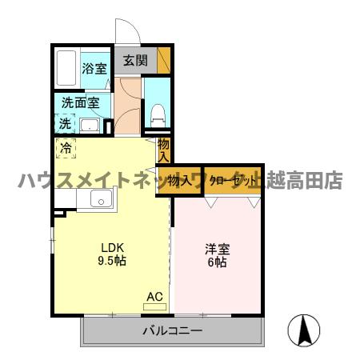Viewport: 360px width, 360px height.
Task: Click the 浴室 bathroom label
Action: pos(94,68)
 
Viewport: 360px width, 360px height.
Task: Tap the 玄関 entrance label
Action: pos(135,60)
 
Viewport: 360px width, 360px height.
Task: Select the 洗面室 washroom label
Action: pos(81,103)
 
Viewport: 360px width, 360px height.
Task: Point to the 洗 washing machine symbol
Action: pos(64,124)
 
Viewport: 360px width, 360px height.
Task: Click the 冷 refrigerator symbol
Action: pos(66,147)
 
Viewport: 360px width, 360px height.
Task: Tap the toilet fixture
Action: pos(158,113)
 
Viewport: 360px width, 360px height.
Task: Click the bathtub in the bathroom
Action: pos(67,70)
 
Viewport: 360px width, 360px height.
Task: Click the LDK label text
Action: pos(111,246)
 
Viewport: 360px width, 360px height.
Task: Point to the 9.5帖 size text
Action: pos(111,261)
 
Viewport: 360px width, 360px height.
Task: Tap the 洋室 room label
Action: pos(215,247)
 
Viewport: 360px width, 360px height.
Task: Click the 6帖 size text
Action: pos(215,262)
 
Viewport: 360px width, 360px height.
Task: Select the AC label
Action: pos(154,297)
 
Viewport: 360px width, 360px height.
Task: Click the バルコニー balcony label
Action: pos(172,330)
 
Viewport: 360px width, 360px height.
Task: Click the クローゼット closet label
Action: pos(234,181)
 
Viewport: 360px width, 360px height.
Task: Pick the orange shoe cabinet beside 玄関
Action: pos(164,61)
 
